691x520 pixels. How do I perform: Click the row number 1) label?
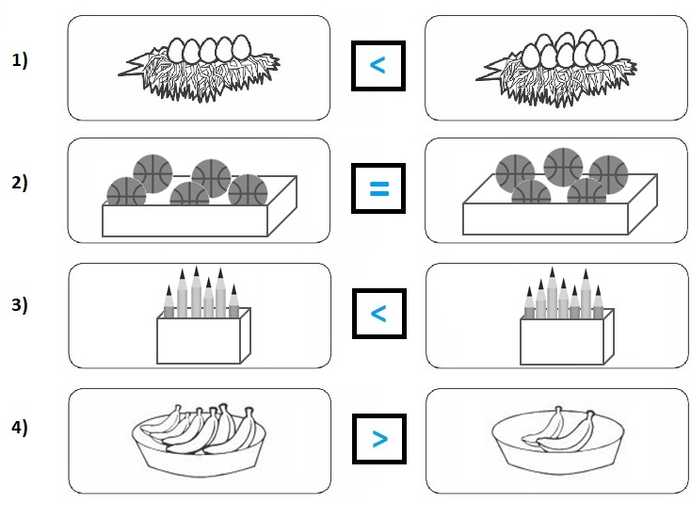[x=21, y=61]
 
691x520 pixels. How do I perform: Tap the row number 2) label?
[x=21, y=184]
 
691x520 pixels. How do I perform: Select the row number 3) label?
[x=21, y=305]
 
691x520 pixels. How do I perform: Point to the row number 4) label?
[x=21, y=428]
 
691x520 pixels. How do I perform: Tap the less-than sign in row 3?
[x=378, y=313]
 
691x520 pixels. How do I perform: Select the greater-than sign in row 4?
[x=378, y=438]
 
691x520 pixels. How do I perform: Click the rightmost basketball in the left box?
[x=248, y=190]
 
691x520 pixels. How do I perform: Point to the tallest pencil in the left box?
[x=196, y=290]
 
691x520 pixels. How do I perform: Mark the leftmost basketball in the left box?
[x=125, y=193]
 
